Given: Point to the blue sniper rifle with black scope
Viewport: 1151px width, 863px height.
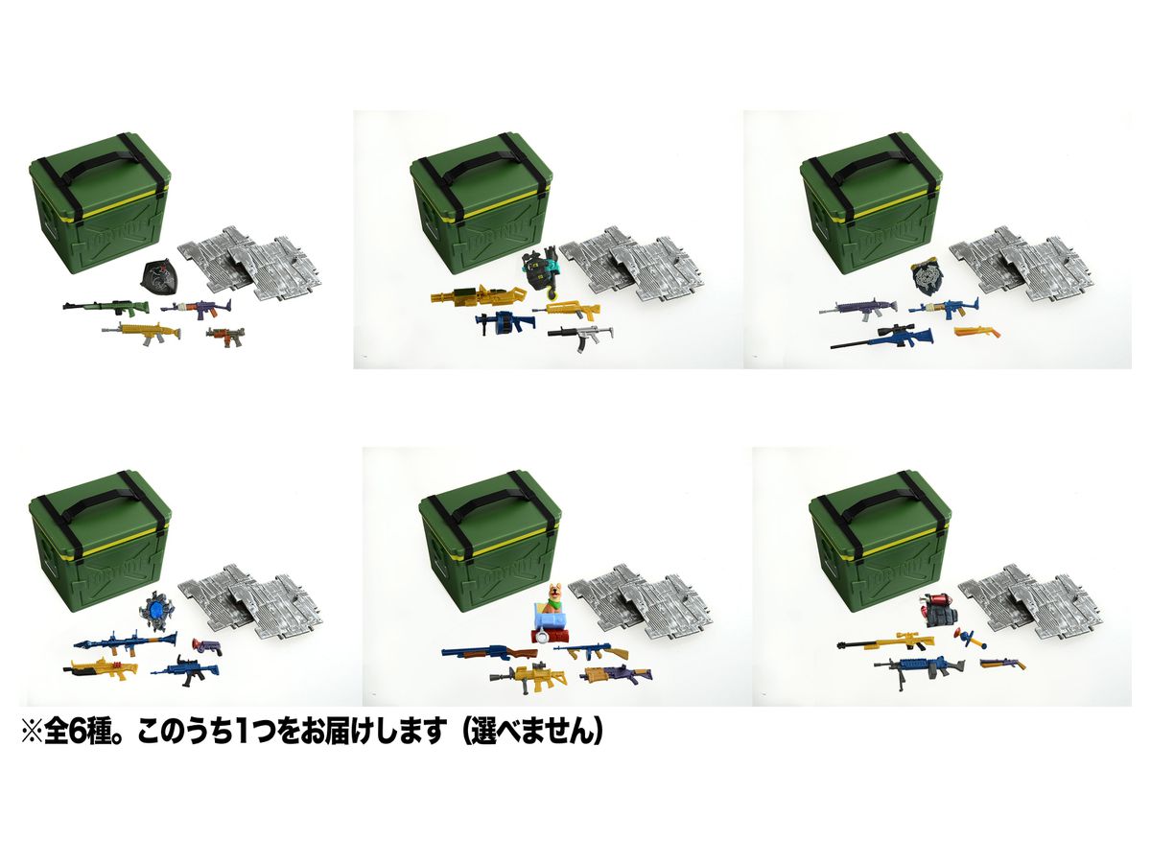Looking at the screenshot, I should [881, 338].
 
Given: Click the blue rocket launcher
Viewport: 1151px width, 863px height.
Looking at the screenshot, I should [125, 640].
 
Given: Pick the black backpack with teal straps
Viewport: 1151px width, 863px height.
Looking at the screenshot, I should [537, 271].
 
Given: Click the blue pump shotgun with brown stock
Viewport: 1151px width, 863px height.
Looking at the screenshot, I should [489, 651].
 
